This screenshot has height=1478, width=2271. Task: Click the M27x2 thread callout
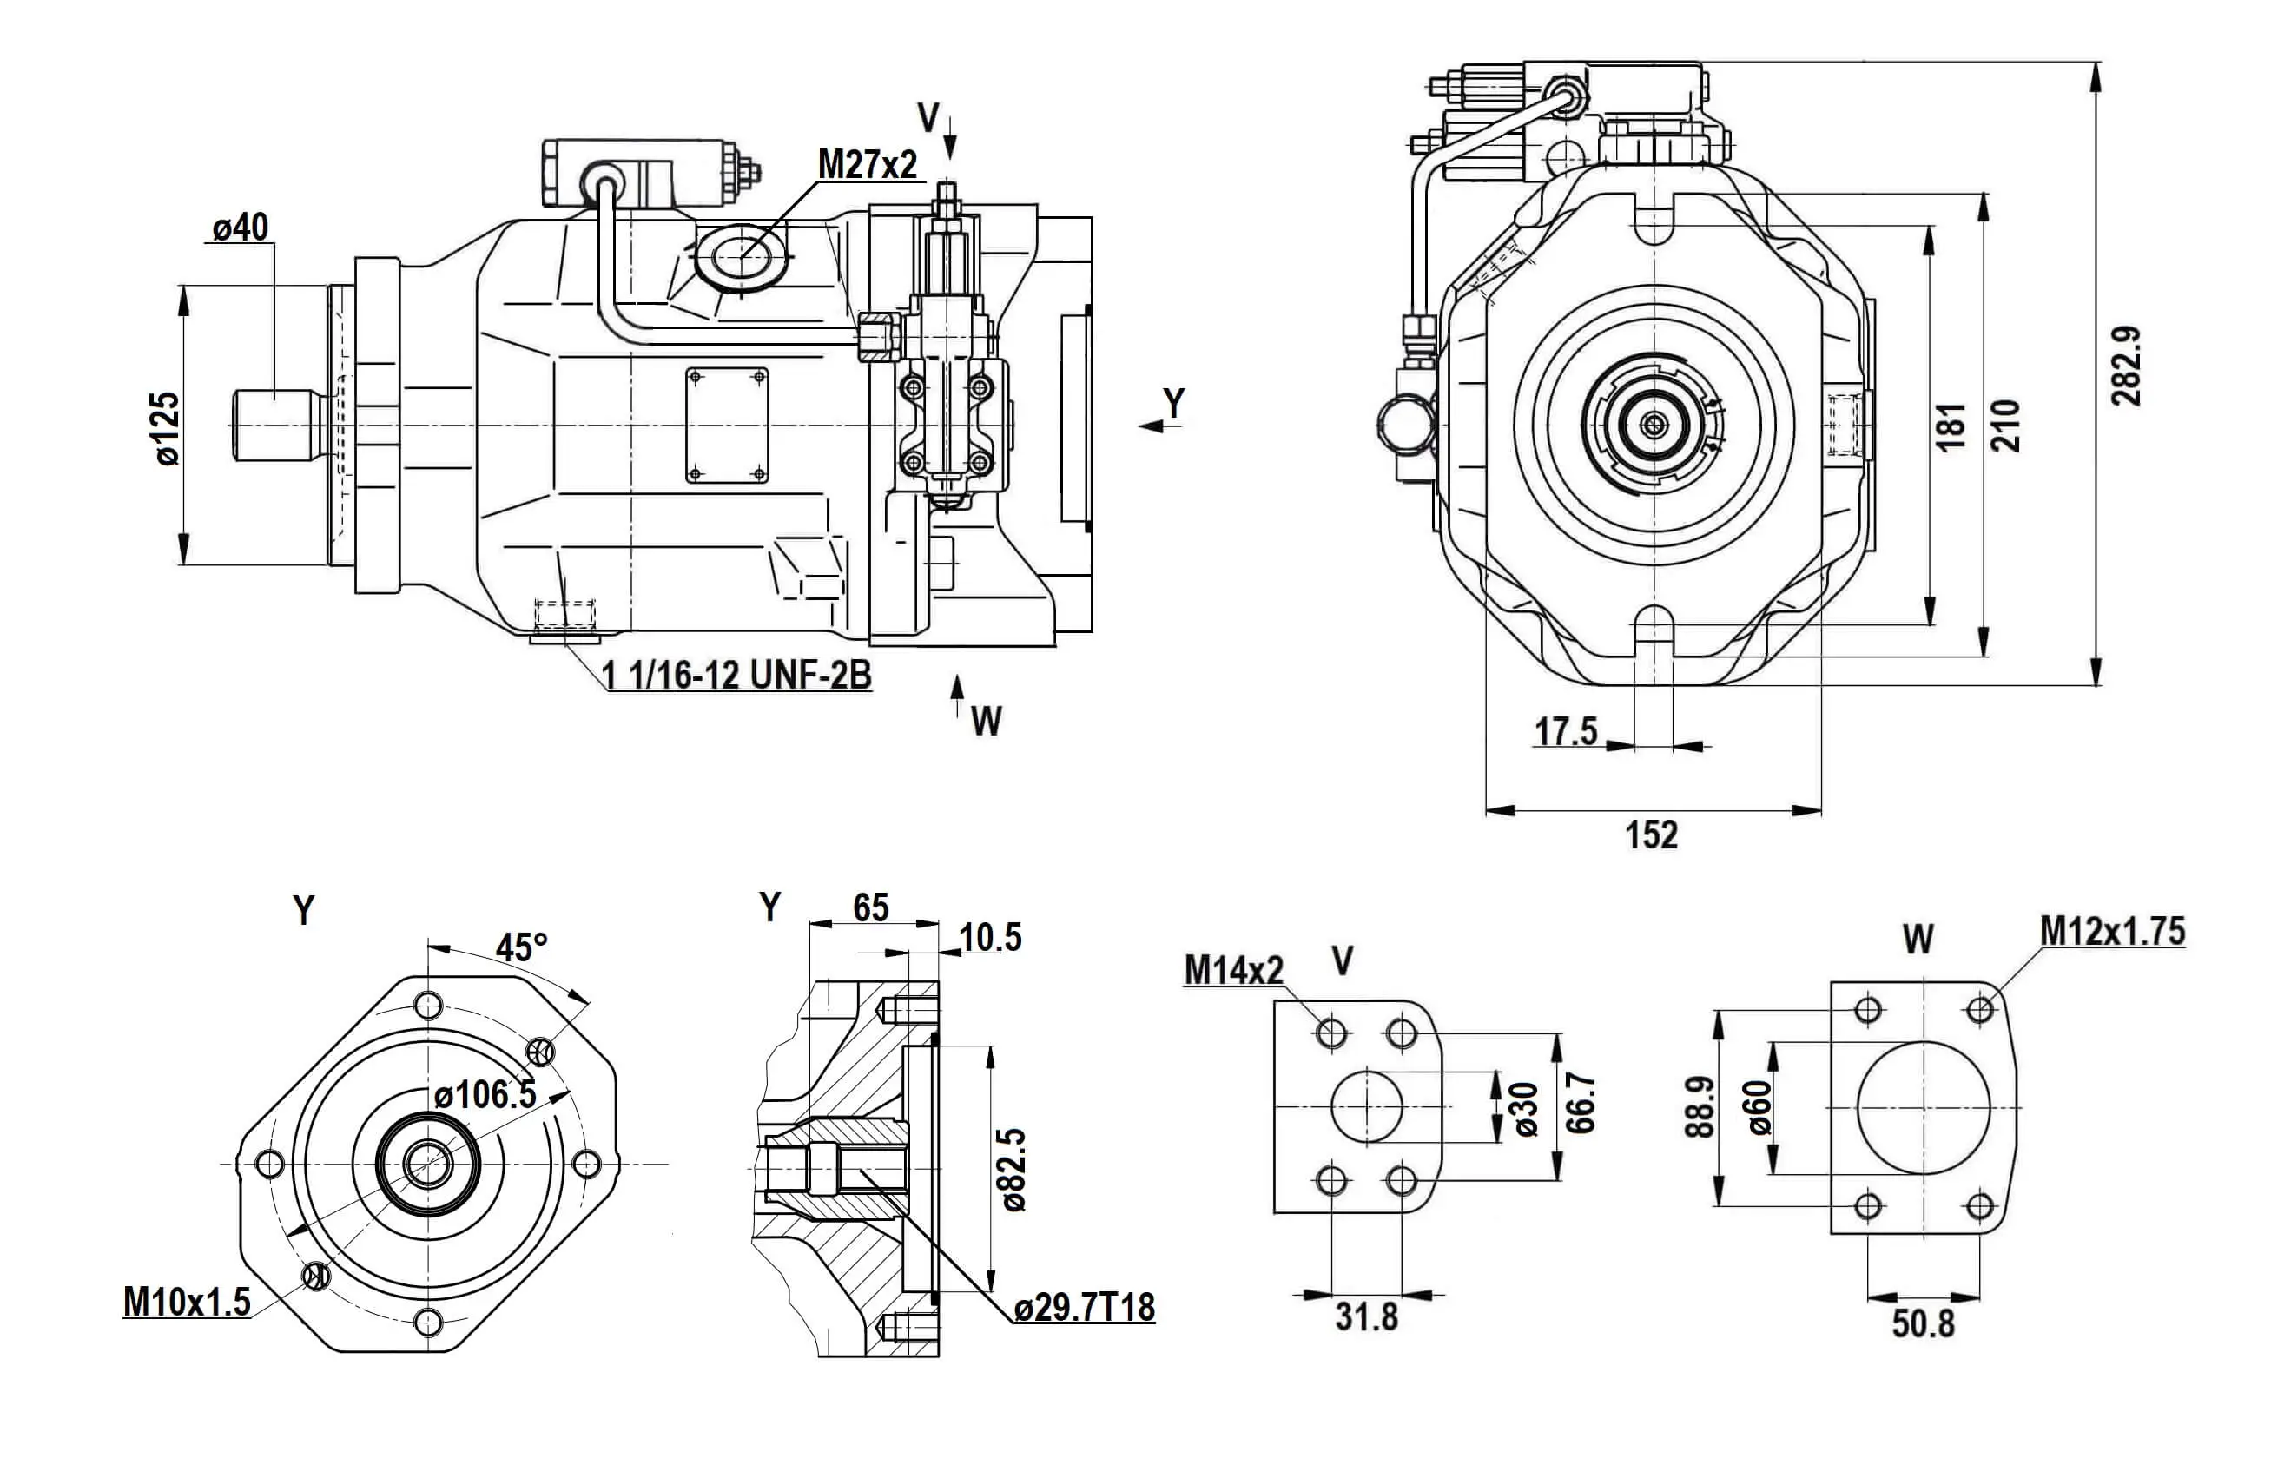point(867,165)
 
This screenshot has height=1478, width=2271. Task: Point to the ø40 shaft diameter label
point(241,228)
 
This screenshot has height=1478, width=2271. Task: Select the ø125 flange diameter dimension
point(165,428)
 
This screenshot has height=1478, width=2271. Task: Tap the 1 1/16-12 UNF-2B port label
point(736,676)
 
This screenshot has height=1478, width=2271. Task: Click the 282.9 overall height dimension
point(2127,366)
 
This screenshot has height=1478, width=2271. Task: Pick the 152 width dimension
point(1652,835)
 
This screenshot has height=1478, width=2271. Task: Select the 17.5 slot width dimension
point(1566,732)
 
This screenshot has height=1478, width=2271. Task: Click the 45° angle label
point(522,947)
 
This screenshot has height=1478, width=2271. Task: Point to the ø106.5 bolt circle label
point(485,1093)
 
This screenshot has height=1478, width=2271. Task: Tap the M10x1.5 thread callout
point(187,1301)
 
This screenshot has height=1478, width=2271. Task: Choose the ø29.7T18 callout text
point(1085,1308)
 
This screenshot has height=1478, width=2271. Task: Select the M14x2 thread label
point(1234,970)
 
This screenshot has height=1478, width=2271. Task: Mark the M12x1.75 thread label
point(2113,930)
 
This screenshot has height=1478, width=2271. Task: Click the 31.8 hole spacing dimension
point(1366,1316)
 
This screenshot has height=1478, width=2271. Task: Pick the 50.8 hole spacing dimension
point(1924,1323)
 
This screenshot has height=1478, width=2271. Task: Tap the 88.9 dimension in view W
point(1700,1107)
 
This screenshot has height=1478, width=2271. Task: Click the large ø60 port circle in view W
point(1924,1107)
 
